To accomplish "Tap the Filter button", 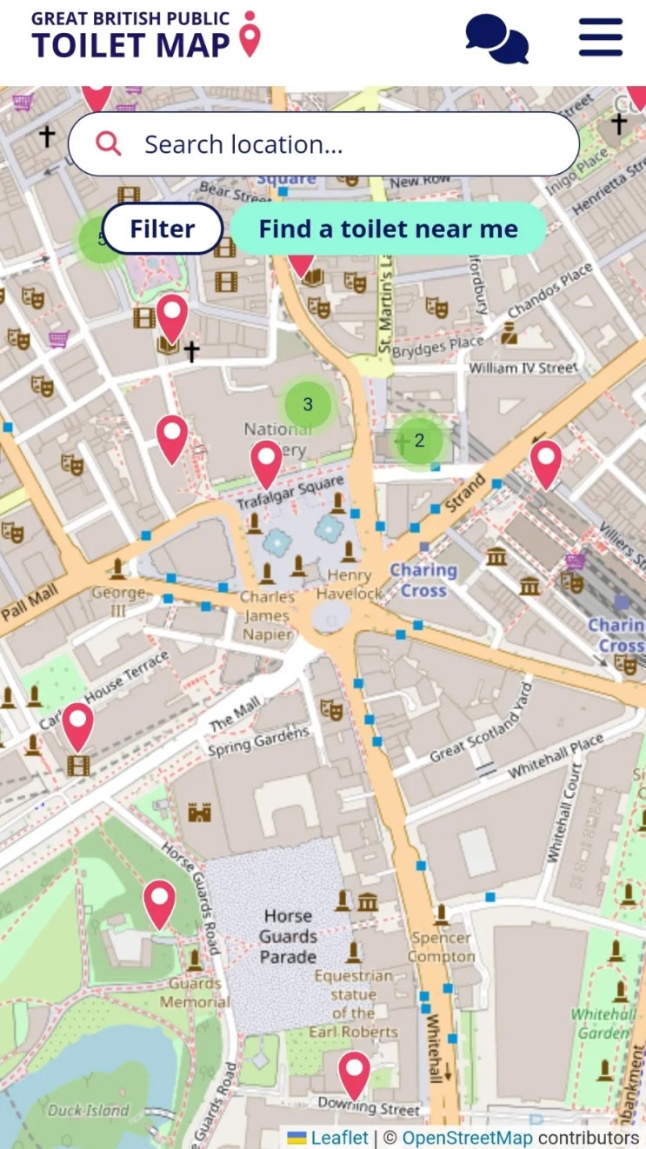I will pos(163,229).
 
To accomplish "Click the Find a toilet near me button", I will pos(388,229).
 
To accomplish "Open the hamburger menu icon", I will pos(601,37).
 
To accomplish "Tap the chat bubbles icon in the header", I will pos(496,38).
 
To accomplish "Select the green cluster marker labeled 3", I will pos(308,404).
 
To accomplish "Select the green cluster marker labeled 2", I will pos(419,441).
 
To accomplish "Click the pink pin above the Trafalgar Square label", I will pos(267,463).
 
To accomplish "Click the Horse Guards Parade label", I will pos(288,936).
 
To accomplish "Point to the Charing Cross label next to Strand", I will pos(423,581).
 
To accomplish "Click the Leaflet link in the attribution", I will pos(339,1138).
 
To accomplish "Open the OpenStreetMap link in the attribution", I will pos(467,1138).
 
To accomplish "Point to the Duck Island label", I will pos(88,1110).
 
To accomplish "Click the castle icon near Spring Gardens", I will pos(200,812).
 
